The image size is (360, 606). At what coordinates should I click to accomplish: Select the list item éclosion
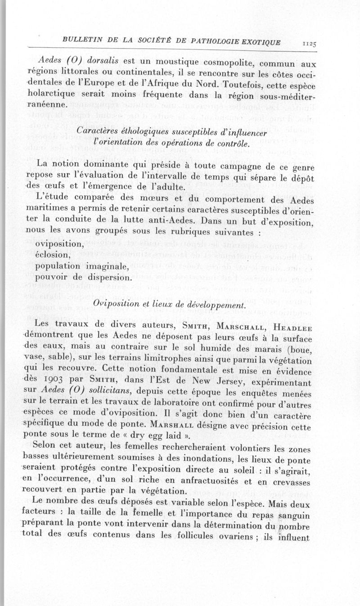tap(52, 255)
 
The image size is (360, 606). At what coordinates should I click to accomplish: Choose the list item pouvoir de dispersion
tap(83, 276)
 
